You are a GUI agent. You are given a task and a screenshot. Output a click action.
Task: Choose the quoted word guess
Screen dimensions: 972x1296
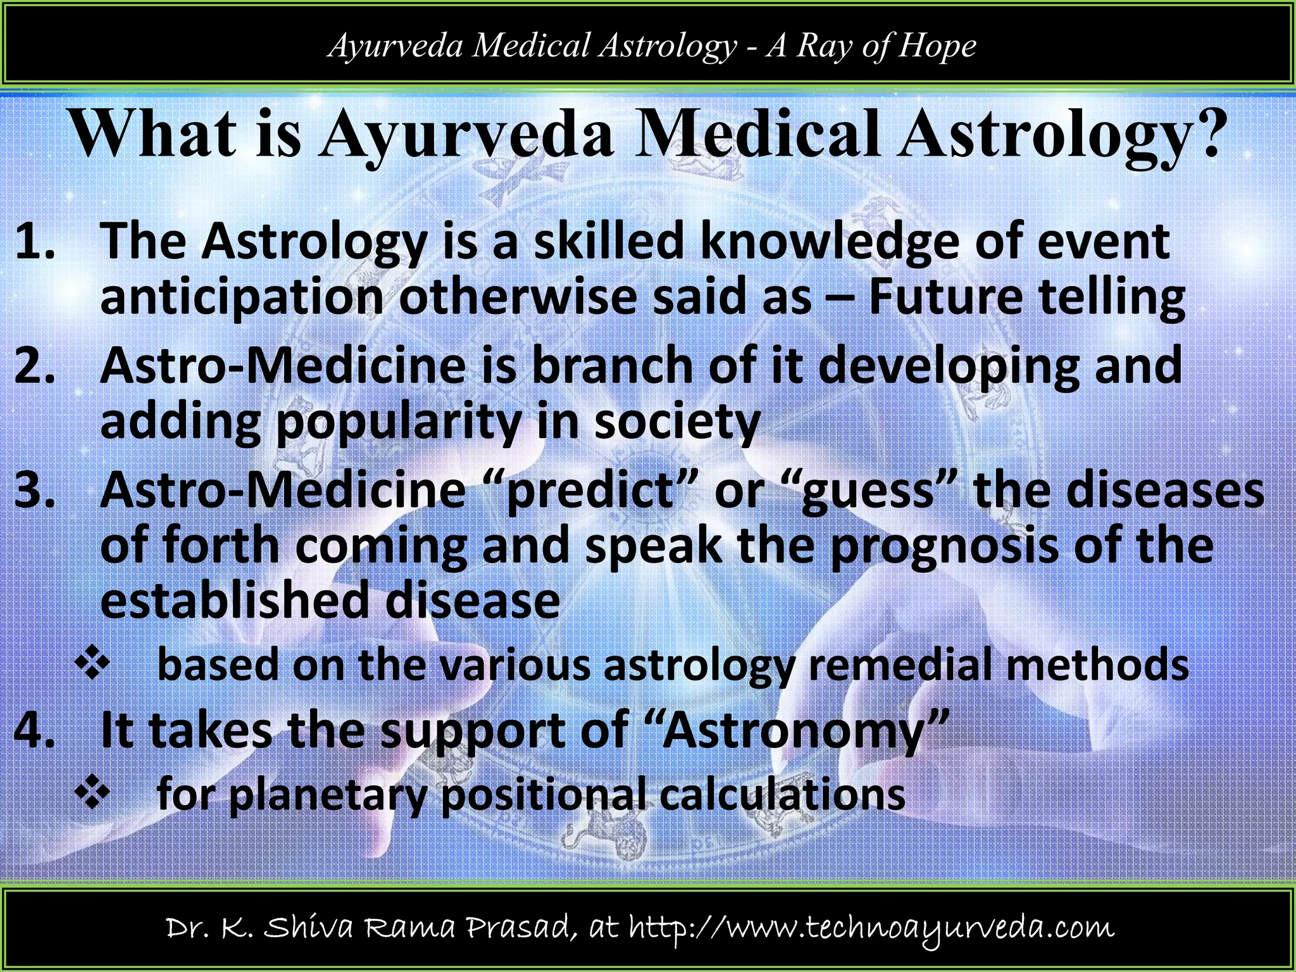[868, 492]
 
